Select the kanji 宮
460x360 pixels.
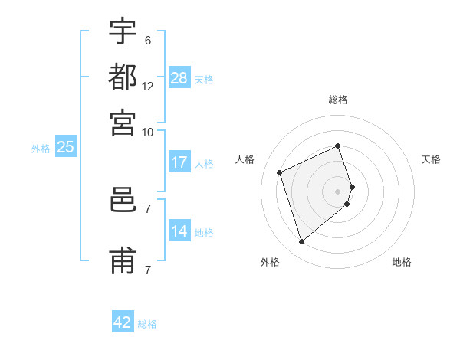point(123,120)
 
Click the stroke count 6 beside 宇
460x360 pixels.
point(147,41)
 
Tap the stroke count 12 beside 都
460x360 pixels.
point(148,86)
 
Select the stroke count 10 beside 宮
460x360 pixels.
point(148,131)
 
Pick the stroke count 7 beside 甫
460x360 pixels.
point(147,270)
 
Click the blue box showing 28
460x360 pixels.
point(179,77)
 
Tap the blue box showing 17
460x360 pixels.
point(179,162)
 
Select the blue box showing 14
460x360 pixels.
point(179,231)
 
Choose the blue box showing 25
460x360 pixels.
point(65,147)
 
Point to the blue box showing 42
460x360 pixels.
point(123,322)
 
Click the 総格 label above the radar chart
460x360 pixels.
point(338,100)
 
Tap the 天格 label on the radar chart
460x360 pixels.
point(431,159)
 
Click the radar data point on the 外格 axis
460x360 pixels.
point(301,242)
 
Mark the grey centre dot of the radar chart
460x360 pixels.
point(338,191)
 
